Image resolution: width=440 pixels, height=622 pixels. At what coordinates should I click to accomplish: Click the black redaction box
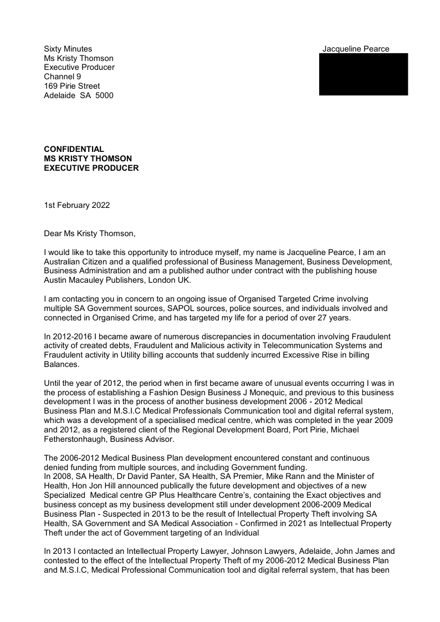[364, 74]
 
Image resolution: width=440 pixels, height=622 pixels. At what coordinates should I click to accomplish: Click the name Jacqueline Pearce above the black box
[356, 49]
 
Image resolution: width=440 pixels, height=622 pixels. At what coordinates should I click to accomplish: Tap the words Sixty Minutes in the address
[68, 49]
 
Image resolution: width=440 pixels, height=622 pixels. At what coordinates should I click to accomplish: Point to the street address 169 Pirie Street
[72, 86]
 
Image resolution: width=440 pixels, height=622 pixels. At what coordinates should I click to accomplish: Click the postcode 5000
[104, 95]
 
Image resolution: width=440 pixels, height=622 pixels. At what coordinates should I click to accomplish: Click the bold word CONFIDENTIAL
[74, 149]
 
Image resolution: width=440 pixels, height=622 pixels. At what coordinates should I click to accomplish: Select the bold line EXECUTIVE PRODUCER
[91, 168]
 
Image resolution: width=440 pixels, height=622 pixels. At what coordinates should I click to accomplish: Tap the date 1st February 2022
[77, 205]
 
